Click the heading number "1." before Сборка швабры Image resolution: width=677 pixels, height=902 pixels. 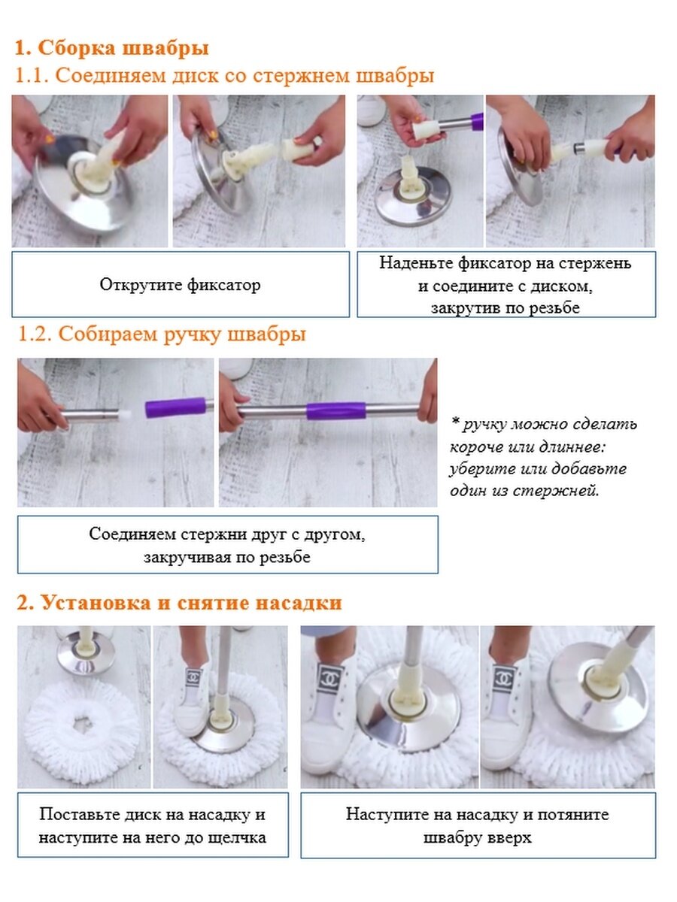pyautogui.click(x=23, y=48)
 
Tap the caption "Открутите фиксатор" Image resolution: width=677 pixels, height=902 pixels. pyautogui.click(x=180, y=285)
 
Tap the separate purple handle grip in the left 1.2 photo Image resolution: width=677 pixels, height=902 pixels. pyautogui.click(x=176, y=407)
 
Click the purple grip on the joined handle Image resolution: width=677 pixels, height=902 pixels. pyautogui.click(x=336, y=411)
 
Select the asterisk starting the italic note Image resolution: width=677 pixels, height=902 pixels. pyautogui.click(x=455, y=421)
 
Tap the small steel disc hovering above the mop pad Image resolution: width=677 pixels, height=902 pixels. pyautogui.click(x=84, y=661)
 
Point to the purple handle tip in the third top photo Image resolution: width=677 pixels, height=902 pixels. pyautogui.click(x=477, y=122)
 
